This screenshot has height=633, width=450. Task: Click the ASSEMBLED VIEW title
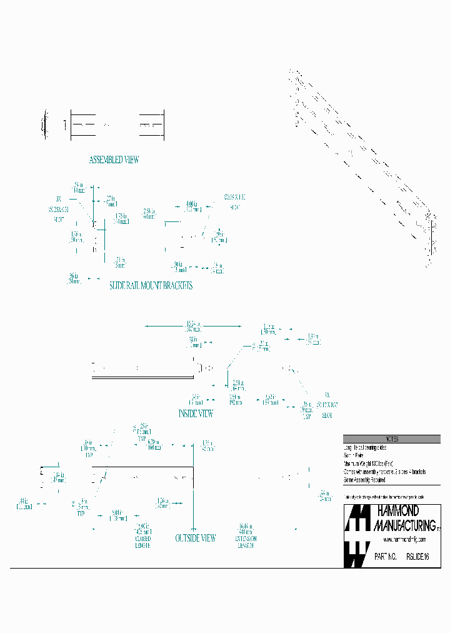[114, 160]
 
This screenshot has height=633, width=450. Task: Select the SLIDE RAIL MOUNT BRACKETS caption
[151, 285]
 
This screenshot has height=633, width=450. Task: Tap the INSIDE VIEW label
[196, 413]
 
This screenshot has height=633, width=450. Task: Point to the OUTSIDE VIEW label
[196, 538]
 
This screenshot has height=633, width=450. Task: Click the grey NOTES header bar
[392, 439]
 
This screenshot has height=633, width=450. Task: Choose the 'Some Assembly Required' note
[364, 480]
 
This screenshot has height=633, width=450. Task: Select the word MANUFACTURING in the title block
[404, 525]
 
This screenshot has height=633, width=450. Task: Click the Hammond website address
[404, 539]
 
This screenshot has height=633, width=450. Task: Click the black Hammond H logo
[356, 536]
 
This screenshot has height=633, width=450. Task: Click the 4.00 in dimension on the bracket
[192, 205]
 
